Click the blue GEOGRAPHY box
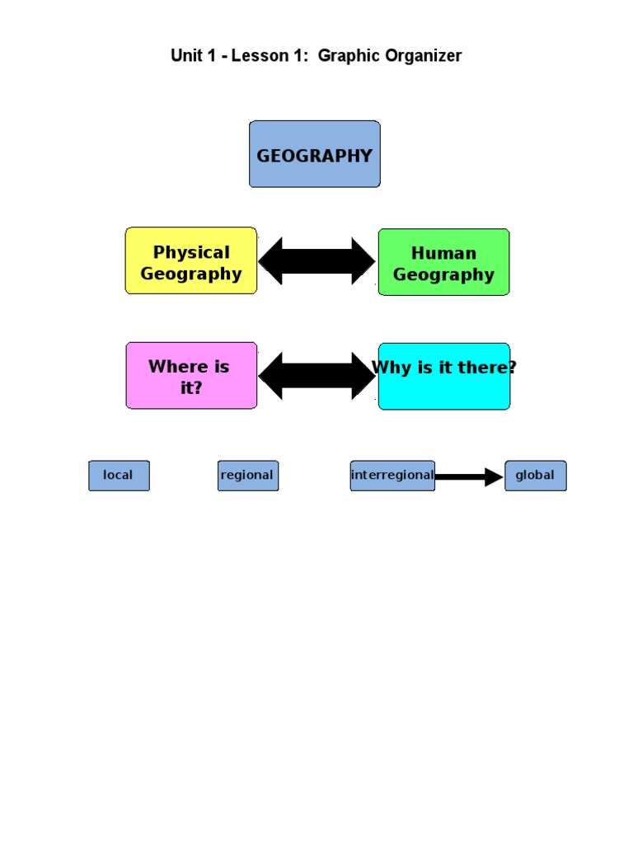point(315,154)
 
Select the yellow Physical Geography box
point(191,260)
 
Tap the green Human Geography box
point(443,262)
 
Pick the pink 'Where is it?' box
point(191,376)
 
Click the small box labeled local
point(119,476)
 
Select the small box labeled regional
point(248,476)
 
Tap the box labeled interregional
point(392,476)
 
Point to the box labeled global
point(535,476)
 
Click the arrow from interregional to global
point(469,476)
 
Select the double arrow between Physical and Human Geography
point(317,261)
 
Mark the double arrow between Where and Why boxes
point(317,376)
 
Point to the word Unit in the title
point(185,56)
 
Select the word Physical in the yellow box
point(191,252)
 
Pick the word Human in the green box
point(443,253)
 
